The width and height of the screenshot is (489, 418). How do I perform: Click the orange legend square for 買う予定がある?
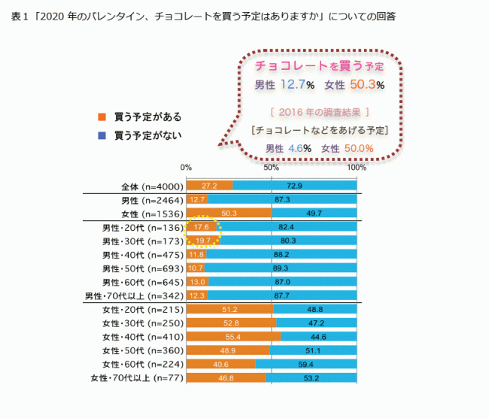pos(102,117)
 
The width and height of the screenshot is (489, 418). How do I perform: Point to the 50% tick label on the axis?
pos(272,167)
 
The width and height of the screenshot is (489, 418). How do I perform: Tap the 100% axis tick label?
pos(357,167)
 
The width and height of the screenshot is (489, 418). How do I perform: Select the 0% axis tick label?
pos(187,167)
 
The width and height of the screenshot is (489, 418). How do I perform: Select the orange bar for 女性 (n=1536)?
pos(229,213)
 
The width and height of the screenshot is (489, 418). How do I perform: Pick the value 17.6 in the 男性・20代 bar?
pos(201,226)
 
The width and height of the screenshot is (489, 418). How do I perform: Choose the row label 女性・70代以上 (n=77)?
pos(136,377)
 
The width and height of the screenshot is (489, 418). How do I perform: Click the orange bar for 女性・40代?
pos(233,336)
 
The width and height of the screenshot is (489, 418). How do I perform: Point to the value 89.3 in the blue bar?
pos(281,268)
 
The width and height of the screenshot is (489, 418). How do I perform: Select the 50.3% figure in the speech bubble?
pos(367,84)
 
